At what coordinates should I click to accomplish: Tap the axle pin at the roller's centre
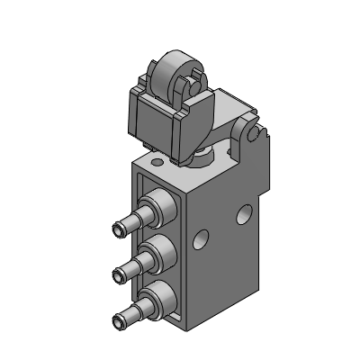(x=183, y=86)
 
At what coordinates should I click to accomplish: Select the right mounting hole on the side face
(x=242, y=213)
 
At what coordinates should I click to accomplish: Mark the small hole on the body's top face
(x=158, y=163)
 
